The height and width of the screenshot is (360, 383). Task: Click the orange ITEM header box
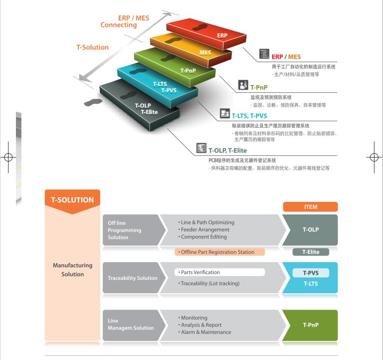point(310,207)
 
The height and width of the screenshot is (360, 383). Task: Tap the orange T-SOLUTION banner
point(73,200)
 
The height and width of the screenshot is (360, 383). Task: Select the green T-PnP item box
point(310,325)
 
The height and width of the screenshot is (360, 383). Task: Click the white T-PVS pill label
point(310,273)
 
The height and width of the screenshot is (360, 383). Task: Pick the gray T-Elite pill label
point(310,252)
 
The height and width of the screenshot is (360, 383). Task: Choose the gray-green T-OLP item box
point(310,230)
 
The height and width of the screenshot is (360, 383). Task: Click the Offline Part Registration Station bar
point(220,252)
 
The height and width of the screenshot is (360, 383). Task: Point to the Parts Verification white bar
point(220,272)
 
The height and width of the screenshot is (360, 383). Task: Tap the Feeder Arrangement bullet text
point(205,230)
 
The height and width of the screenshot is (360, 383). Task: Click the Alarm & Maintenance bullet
point(206,332)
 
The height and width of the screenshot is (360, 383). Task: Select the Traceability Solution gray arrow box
point(132,278)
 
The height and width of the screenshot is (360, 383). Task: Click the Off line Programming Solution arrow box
point(131,230)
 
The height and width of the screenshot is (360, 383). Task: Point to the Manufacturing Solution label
point(73,270)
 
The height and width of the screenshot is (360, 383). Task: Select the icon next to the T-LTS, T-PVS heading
point(225,114)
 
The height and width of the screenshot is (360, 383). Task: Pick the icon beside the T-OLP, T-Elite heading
point(202,148)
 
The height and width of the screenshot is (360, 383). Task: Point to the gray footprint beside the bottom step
point(91,102)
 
